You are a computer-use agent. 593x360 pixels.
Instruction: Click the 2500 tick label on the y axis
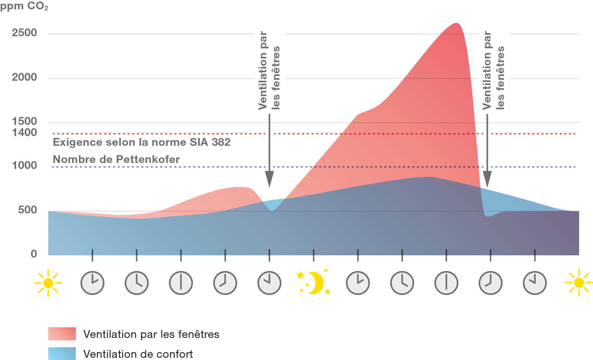tap(24, 33)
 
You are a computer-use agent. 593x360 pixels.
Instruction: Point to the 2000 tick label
tap(24, 77)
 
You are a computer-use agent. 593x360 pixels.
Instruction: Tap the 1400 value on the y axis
tap(24, 132)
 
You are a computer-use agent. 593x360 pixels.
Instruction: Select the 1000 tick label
tap(24, 166)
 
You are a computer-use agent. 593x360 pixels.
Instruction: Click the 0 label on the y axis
tap(34, 254)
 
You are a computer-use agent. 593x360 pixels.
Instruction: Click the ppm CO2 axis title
tap(24, 7)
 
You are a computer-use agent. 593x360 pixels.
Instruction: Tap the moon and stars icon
tap(314, 282)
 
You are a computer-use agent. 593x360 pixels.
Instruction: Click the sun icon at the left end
tap(48, 283)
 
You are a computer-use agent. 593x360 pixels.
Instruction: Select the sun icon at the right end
tap(578, 283)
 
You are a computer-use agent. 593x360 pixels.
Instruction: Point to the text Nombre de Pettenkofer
tap(116, 160)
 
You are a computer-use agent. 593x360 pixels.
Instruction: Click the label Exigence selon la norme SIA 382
tap(141, 142)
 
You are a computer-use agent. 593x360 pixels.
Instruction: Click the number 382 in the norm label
tap(221, 142)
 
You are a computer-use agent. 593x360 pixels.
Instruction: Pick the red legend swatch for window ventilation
tap(62, 334)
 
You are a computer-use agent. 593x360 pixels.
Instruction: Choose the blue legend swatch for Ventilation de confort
tap(62, 353)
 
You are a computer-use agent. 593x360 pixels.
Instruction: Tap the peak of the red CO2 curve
tap(456, 24)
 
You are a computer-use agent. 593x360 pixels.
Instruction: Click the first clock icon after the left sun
tap(92, 283)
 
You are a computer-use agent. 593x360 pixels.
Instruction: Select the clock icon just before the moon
tap(269, 283)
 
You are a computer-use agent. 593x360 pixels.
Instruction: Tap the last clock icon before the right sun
tap(535, 283)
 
